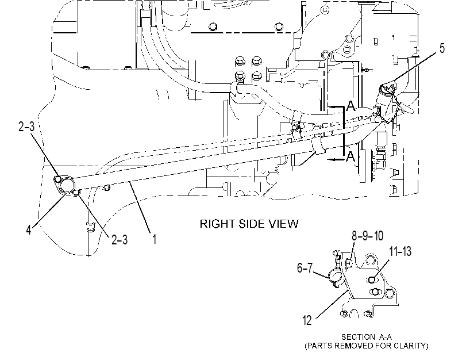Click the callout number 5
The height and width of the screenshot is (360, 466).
coord(442,48)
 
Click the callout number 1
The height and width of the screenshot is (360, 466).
coord(154,239)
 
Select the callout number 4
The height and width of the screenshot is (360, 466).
coord(29,229)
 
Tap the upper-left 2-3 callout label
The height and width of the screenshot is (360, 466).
coord(26,127)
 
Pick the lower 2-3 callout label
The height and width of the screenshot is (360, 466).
coord(120,239)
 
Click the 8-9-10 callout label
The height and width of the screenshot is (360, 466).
coord(367,236)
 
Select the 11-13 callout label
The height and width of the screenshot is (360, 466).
coord(400,251)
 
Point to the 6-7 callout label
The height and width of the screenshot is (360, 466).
coord(305,268)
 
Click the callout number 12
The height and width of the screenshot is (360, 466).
coord(307,320)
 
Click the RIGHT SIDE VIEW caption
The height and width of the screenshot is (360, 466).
coord(249,224)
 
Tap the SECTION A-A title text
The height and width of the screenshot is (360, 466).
coord(367,337)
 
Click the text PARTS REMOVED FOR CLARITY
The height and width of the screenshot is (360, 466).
coord(367,346)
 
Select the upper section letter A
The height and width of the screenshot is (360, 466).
coord(351,106)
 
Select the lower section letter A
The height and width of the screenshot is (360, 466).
coord(351,156)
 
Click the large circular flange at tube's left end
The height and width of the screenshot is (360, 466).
coord(67,185)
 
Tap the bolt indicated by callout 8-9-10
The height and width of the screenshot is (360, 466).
coord(349,263)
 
